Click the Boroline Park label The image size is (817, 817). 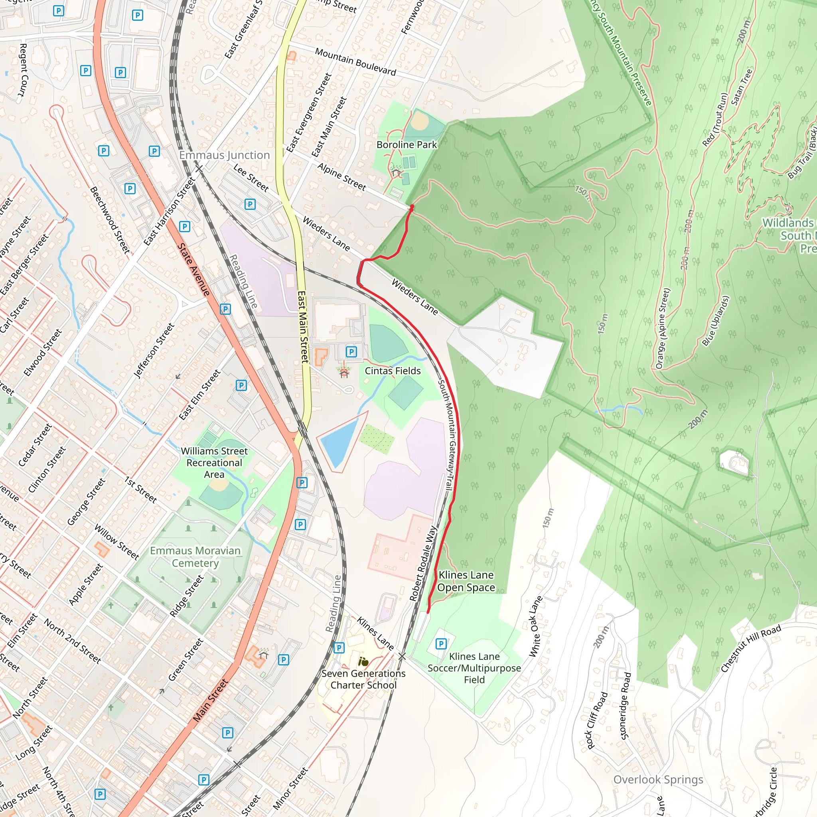coord(407,145)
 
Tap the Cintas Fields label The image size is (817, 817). coord(393,371)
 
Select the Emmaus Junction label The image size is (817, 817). coord(224,155)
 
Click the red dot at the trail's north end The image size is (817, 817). coord(412,207)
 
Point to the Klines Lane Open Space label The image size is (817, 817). coord(466,581)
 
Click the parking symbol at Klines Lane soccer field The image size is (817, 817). coord(441,643)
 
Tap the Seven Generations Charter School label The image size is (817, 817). coord(363,679)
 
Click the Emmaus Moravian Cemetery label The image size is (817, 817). coord(195,557)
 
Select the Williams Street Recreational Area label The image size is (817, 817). coord(214,463)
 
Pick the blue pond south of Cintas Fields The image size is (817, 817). coord(338,442)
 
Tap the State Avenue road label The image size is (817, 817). coord(193,269)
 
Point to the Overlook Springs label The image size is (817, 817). coord(658,780)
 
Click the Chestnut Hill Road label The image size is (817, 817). coord(751,648)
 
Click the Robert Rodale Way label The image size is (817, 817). coord(423,563)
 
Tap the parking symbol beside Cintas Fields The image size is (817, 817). coord(351,351)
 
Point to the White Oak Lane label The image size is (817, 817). coord(536,626)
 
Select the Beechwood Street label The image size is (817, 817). coord(110,220)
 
